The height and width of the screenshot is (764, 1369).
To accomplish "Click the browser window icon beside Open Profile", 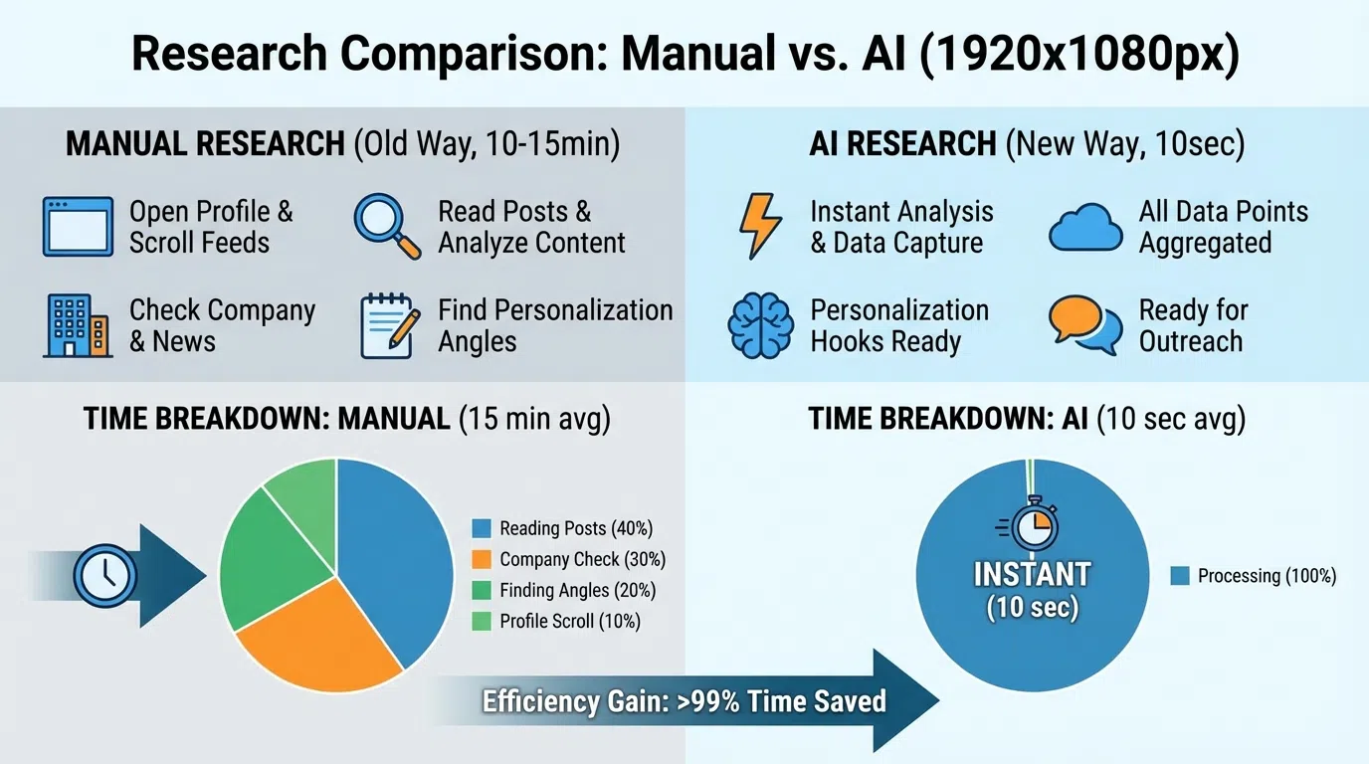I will (78, 227).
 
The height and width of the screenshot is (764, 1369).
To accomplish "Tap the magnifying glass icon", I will (386, 226).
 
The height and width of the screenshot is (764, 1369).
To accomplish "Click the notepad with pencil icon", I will (386, 325).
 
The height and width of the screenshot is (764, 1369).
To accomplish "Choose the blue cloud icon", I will (1085, 227).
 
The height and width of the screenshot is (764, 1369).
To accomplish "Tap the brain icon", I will (761, 325).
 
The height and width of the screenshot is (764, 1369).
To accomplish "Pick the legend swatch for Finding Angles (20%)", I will (483, 591).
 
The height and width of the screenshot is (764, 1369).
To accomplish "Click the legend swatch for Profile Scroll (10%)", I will (483, 622).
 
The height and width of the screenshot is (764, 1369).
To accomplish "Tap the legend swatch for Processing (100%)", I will (1180, 576).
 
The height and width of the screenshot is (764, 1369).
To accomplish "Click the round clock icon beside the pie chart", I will (104, 576).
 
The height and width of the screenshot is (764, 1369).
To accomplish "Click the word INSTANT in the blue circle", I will (1032, 575).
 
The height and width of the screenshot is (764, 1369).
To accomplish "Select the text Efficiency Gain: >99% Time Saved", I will (684, 701).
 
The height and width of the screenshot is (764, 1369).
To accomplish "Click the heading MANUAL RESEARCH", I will (204, 144).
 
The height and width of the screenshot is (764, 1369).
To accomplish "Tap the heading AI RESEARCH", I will (902, 144).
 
